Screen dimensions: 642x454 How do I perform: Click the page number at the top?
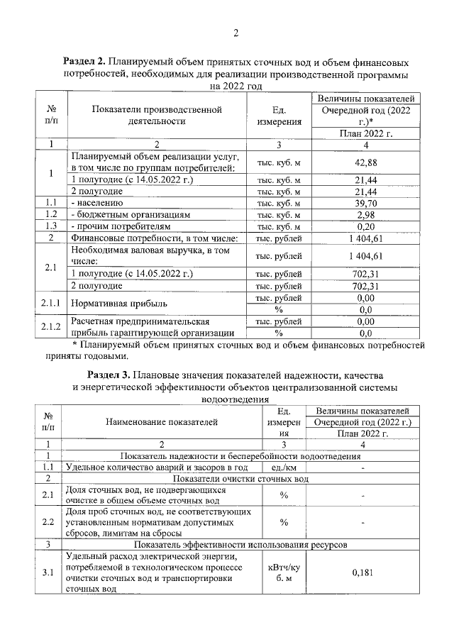tap(235, 33)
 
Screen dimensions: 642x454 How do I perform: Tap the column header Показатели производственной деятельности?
tap(157, 115)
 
